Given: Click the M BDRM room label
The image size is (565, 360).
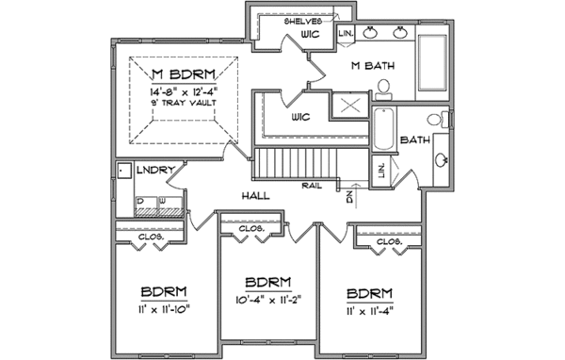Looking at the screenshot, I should pos(185,74).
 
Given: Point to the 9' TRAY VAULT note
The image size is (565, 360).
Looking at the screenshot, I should pos(185,102).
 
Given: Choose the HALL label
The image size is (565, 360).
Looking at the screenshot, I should pos(256,195).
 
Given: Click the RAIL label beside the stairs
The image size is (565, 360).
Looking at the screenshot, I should pos(314,186).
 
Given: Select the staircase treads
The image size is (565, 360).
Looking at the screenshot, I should pos(291,164).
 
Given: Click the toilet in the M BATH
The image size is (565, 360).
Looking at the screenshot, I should pos(383,89).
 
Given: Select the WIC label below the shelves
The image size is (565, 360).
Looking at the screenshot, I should pos(312,35).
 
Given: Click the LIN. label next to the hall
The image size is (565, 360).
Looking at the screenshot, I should pos(381,171).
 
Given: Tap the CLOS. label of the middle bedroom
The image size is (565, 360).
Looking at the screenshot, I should pos(250,227).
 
